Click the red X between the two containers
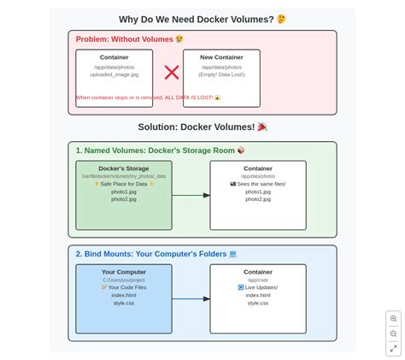tap(172, 73)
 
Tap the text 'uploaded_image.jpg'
tap(114, 74)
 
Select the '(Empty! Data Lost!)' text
tap(221, 74)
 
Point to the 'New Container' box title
tap(221, 57)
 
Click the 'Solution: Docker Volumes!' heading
tap(202, 127)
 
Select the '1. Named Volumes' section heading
tap(155, 150)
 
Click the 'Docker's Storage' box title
tap(123, 168)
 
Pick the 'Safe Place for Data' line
tap(124, 184)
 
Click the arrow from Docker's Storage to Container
tap(191, 195)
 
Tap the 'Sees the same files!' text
tap(258, 184)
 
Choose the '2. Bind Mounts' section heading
tap(150, 254)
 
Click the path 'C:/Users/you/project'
tap(124, 280)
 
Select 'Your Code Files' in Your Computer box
tap(124, 287)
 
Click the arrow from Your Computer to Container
tap(191, 298)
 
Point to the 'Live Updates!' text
tap(258, 287)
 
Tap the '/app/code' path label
tap(258, 280)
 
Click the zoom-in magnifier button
tap(393, 319)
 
